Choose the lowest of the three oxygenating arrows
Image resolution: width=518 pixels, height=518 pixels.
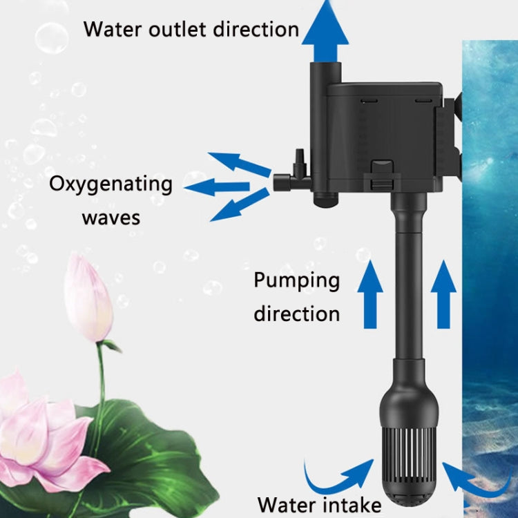240,205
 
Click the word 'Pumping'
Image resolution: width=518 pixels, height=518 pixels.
297,280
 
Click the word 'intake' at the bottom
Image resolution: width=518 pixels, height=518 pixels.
349,503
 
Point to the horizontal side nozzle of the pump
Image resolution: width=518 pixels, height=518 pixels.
291,184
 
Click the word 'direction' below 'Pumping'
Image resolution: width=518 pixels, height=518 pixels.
297,314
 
